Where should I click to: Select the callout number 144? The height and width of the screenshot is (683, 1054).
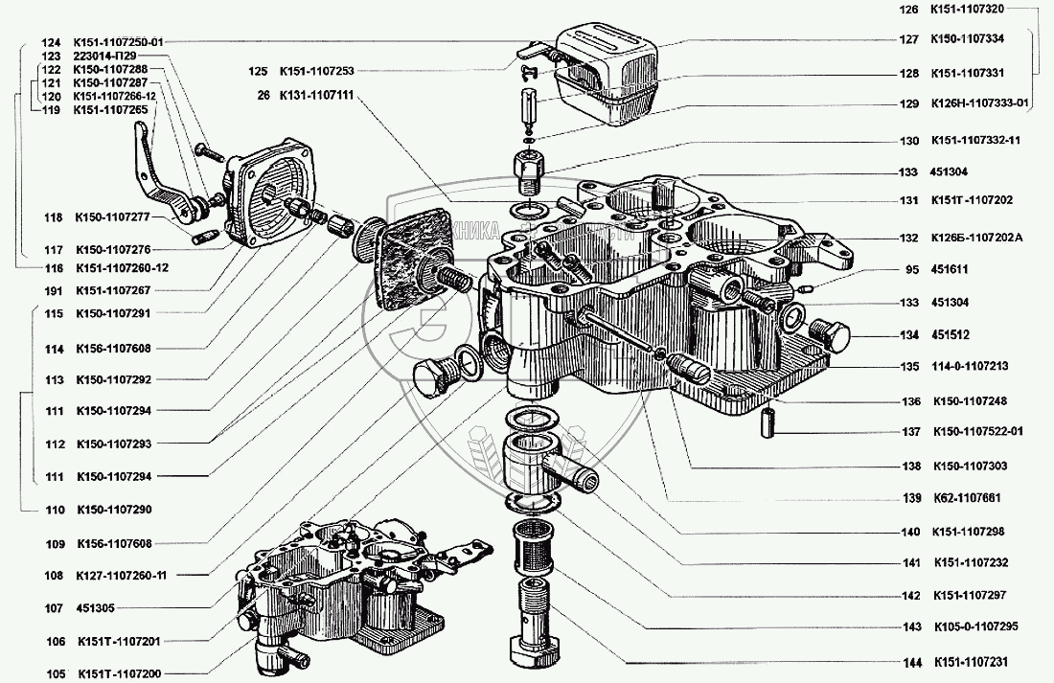coord(909,662)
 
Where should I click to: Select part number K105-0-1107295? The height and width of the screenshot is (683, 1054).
coord(974,628)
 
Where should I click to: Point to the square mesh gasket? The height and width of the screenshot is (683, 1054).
coord(411,260)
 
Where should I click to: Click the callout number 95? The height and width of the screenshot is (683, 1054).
coord(910,269)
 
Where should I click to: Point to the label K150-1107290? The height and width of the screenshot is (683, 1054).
coord(116,509)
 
